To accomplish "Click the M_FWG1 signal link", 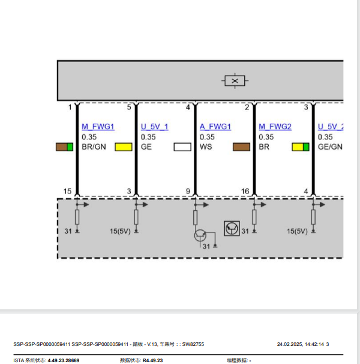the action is [98, 127].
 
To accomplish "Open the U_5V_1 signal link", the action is [154, 127].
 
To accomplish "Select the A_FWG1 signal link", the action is [215, 127].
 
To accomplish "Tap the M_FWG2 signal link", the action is [275, 127].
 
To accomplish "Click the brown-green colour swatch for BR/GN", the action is [64, 147].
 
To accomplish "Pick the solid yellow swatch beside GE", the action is [124, 147].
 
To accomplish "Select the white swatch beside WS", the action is [182, 147].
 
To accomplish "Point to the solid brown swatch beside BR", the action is [241, 147].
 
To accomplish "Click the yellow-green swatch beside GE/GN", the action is [301, 147].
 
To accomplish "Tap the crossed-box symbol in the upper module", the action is [235, 80].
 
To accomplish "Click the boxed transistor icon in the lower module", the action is [232, 228].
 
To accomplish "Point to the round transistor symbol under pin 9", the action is [200, 235].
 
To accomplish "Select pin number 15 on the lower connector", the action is [67, 191].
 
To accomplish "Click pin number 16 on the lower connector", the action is [245, 191].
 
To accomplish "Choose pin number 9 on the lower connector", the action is [188, 191].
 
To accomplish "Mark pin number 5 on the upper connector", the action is [129, 108].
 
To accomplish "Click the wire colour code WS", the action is [206, 147].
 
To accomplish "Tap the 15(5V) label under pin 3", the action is [120, 231].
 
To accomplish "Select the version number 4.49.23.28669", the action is [64, 360].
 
